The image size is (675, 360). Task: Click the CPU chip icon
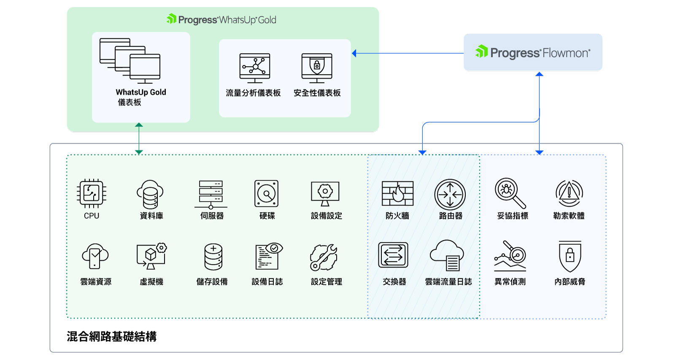[92, 193]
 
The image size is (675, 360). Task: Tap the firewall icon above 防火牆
[397, 194]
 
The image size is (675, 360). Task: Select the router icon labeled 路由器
[450, 195]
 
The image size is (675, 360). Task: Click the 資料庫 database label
[151, 216]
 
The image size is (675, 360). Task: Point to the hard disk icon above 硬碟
[267, 194]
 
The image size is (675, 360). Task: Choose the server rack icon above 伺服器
[211, 195]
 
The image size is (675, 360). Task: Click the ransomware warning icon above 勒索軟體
[569, 193]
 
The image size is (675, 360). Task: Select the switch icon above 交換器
[393, 255]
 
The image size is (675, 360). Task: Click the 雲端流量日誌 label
[448, 282]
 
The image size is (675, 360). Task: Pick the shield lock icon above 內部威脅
[570, 256]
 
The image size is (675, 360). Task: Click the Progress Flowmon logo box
[533, 52]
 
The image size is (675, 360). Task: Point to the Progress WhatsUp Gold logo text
[222, 19]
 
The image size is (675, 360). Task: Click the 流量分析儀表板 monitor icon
[255, 68]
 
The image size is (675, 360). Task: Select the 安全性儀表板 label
[317, 93]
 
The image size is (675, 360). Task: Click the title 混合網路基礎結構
[112, 336]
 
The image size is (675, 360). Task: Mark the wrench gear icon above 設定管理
[324, 257]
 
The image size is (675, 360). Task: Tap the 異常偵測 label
[510, 282]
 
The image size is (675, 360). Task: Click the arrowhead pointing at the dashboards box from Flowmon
[354, 53]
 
